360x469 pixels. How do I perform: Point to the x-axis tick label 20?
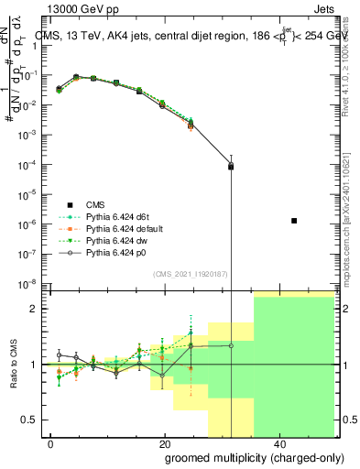click(x=164, y=443)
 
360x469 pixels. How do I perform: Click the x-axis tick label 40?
click(x=278, y=443)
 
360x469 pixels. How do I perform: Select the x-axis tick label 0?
click(x=50, y=443)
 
